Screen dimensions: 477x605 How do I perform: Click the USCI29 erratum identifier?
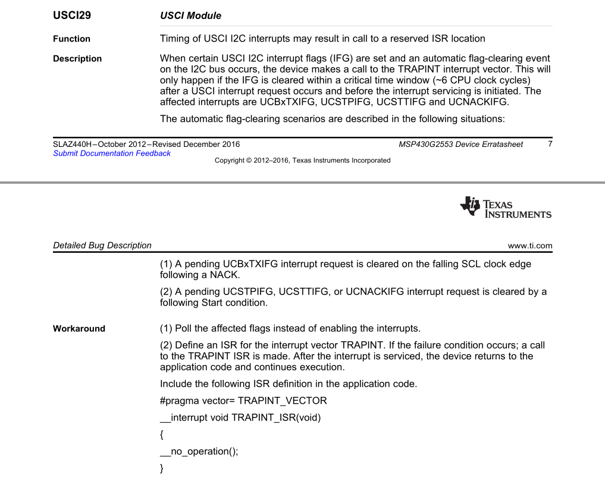coord(72,15)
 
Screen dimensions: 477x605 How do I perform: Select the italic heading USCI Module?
coord(190,16)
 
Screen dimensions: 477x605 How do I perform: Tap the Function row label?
coord(71,39)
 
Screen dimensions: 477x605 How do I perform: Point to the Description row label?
coord(77,59)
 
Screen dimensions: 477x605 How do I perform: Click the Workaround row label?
coord(79,329)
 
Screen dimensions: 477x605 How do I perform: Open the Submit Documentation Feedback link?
coord(112,153)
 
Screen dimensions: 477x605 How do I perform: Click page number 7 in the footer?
coord(550,144)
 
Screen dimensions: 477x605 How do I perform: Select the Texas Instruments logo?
coord(506,207)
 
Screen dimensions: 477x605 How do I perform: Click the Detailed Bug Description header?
coord(102,246)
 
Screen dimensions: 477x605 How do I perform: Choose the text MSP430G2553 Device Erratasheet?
coord(461,145)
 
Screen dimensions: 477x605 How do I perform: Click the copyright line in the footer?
coord(302,161)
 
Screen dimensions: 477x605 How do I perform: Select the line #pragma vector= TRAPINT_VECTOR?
coord(243,401)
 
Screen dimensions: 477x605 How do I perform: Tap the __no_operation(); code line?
coord(199,451)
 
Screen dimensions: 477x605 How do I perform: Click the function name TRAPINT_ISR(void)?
coord(276,418)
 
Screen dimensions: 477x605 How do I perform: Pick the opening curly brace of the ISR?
coord(162,435)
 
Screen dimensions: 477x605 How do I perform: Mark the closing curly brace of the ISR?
coord(162,469)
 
